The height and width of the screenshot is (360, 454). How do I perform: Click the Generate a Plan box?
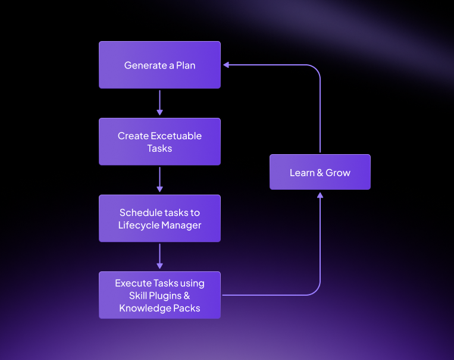159,65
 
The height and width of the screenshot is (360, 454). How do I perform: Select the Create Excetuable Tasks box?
159,142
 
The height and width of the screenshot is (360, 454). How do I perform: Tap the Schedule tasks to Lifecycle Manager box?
159,218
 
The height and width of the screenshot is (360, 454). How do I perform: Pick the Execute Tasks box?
159,295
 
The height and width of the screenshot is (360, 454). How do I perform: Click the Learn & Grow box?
320,173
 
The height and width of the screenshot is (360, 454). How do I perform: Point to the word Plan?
186,65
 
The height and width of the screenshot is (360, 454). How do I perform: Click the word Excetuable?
176,136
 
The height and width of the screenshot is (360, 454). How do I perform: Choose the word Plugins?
170,296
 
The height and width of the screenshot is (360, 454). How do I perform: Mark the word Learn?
302,173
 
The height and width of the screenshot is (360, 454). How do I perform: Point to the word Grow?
338,173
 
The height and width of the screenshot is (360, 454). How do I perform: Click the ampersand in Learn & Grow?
320,173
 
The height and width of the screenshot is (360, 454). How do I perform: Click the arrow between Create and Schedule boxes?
159,179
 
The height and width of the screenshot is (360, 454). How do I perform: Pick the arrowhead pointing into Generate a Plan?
226,65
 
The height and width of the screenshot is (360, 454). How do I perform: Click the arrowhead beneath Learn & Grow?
320,195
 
